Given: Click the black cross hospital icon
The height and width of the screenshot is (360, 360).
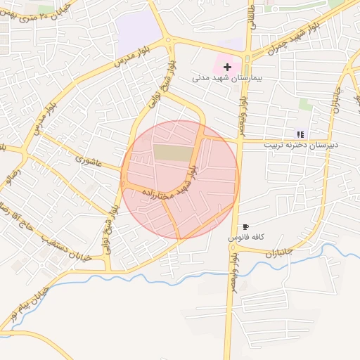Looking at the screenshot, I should point(227,66).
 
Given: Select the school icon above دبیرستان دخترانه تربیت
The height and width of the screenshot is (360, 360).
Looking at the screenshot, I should point(300,134).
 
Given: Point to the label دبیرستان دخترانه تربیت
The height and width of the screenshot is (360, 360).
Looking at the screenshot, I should point(301,144).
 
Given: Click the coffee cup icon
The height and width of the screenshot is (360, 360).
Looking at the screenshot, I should point(245,226).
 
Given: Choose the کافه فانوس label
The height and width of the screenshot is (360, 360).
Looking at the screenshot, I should point(245,238).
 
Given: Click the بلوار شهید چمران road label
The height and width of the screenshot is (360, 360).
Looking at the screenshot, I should point(290,41).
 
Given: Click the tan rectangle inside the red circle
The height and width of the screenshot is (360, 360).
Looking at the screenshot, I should point(172,152).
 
